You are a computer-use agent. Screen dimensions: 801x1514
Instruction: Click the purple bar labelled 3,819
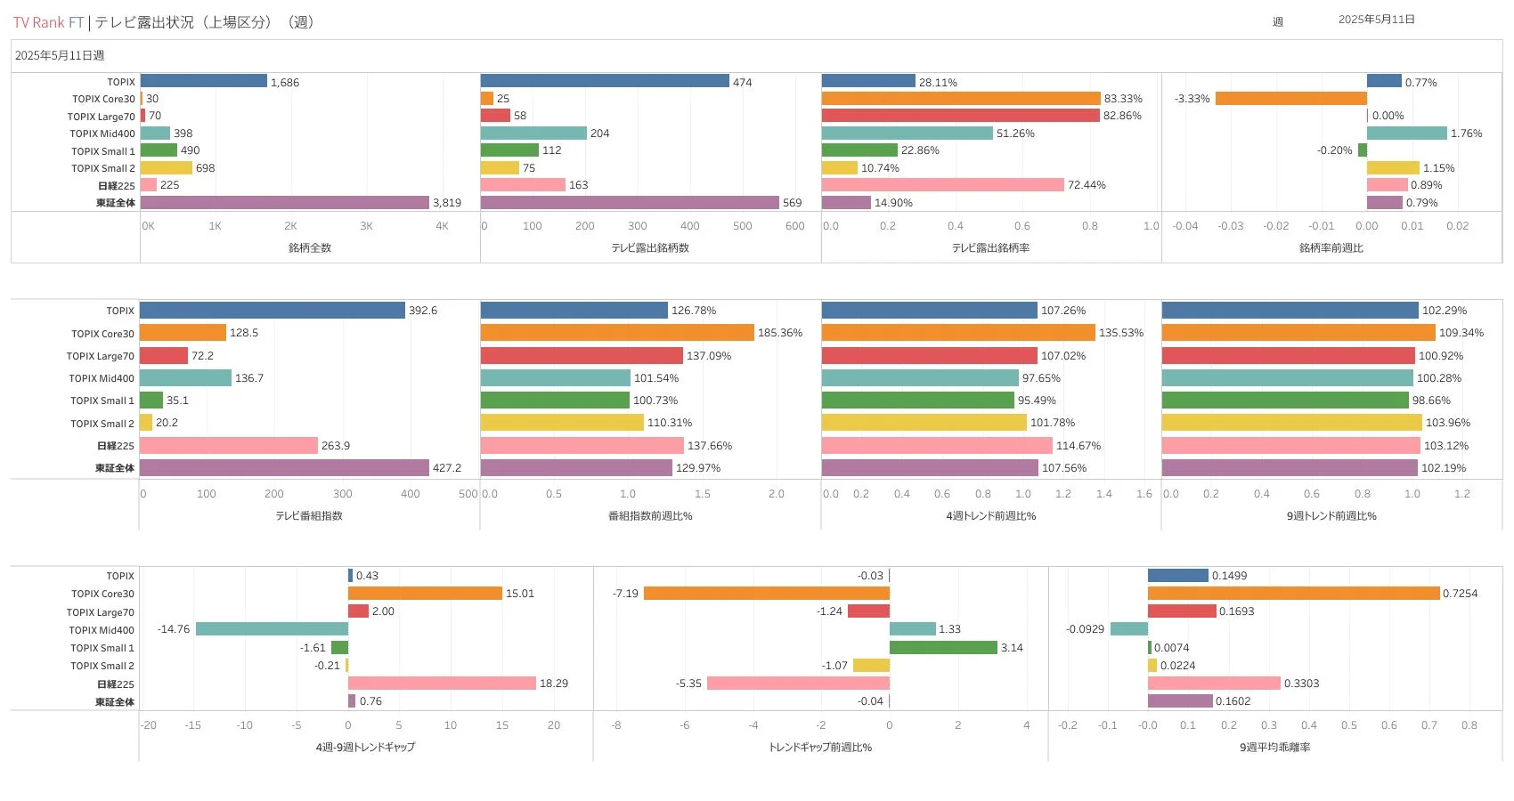tap(285, 203)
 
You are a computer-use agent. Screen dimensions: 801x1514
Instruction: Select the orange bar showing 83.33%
tap(961, 99)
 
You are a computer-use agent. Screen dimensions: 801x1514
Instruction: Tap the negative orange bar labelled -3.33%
tap(1290, 99)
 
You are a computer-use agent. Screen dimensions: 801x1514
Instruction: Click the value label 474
tap(742, 83)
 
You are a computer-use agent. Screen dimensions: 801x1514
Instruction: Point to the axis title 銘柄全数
tap(310, 248)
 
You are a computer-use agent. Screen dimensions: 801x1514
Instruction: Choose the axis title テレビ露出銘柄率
tap(990, 248)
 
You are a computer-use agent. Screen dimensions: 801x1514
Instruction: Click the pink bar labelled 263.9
tap(229, 446)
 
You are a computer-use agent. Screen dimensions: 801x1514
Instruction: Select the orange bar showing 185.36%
tap(617, 333)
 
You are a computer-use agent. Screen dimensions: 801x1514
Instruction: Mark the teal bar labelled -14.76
tap(272, 629)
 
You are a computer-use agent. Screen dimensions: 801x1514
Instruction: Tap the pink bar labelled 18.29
tap(442, 684)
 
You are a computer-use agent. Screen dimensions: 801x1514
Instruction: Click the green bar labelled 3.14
tap(943, 648)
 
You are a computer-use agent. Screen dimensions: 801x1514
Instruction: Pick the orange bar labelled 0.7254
tap(1293, 594)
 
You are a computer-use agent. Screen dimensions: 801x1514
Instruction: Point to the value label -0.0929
tap(1085, 629)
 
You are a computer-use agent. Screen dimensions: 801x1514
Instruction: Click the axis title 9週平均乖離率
tap(1274, 748)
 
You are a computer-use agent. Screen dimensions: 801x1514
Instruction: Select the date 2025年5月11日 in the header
tap(1376, 20)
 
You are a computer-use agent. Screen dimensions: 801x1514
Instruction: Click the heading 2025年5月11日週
tap(60, 56)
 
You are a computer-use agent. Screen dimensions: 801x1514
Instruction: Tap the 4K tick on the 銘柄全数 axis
tap(442, 226)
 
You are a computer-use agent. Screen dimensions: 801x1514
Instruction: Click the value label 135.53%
tap(1121, 333)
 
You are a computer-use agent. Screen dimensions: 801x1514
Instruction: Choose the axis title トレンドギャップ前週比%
tap(819, 748)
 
